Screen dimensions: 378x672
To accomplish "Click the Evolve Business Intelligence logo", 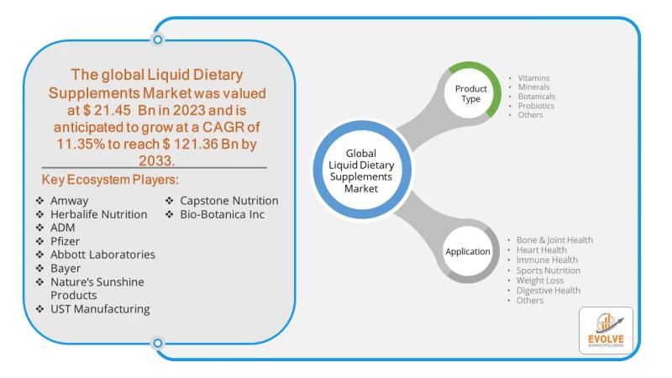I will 606,329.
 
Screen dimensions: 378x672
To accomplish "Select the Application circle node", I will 467,250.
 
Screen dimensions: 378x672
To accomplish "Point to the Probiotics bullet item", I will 537,106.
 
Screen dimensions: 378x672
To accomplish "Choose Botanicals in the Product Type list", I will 537,97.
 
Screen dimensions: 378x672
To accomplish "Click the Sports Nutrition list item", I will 548,270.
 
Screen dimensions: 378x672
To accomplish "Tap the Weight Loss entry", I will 540,281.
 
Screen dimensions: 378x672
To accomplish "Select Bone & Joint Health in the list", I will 554,240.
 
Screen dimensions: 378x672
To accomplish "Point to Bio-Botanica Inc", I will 222,214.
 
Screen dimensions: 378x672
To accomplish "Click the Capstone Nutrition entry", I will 228,201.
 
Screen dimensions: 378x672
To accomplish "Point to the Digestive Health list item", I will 548,291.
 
